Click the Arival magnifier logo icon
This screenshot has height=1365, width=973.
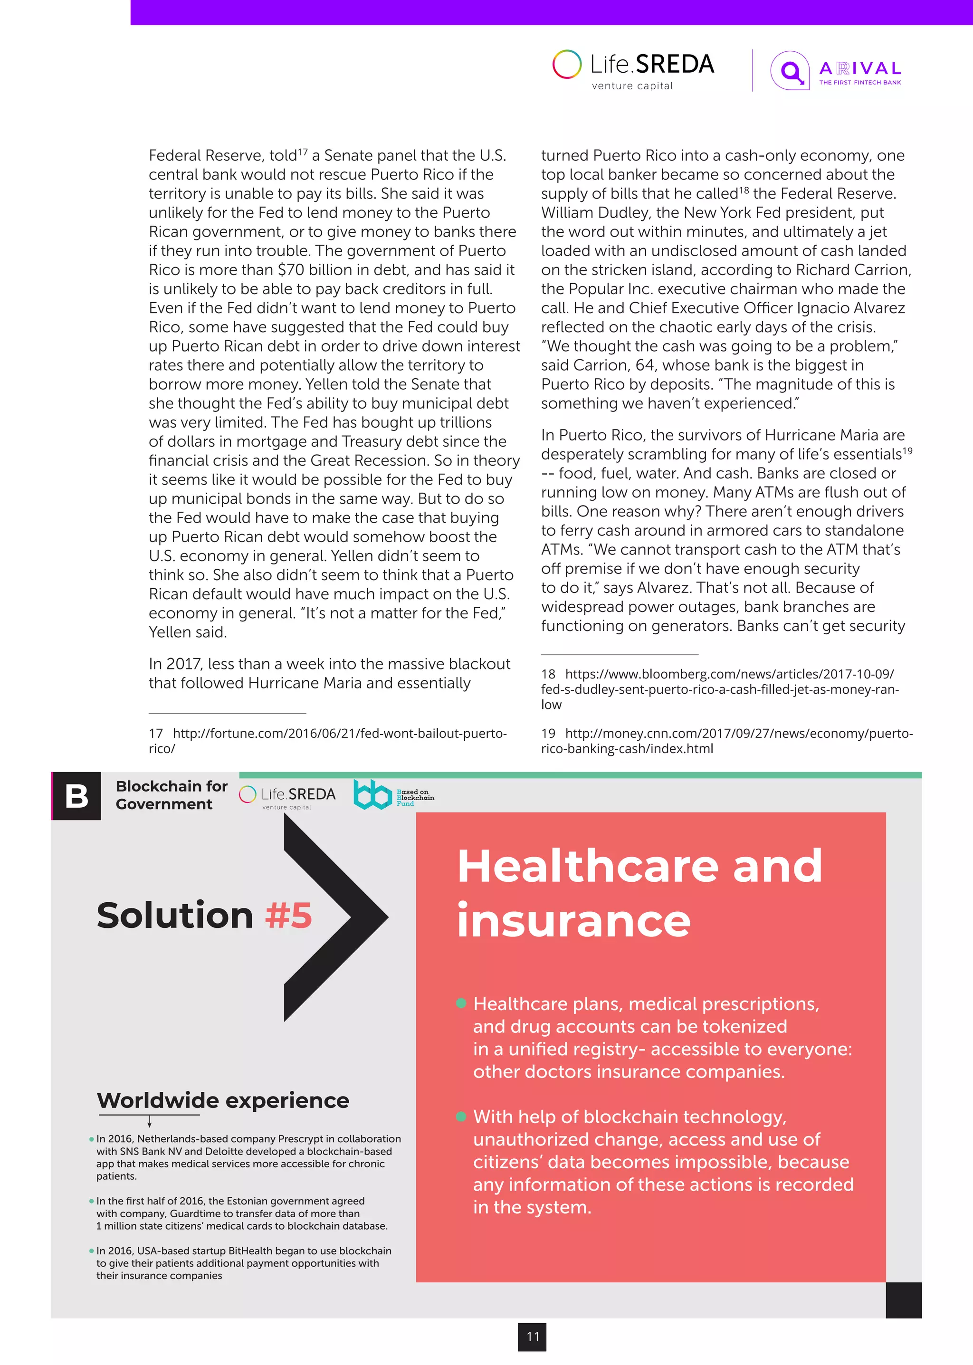click(790, 71)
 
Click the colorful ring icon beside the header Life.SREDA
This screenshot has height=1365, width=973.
click(566, 64)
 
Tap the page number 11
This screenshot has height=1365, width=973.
click(532, 1336)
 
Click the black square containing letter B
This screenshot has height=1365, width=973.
click(76, 796)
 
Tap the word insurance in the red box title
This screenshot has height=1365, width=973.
click(573, 920)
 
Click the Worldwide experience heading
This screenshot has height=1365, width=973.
click(223, 1100)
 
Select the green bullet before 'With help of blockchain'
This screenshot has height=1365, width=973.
click(461, 1117)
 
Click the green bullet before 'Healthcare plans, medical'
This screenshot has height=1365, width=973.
click(461, 1003)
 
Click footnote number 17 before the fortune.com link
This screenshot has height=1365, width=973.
click(156, 734)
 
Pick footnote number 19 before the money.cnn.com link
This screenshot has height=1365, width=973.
click(548, 734)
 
